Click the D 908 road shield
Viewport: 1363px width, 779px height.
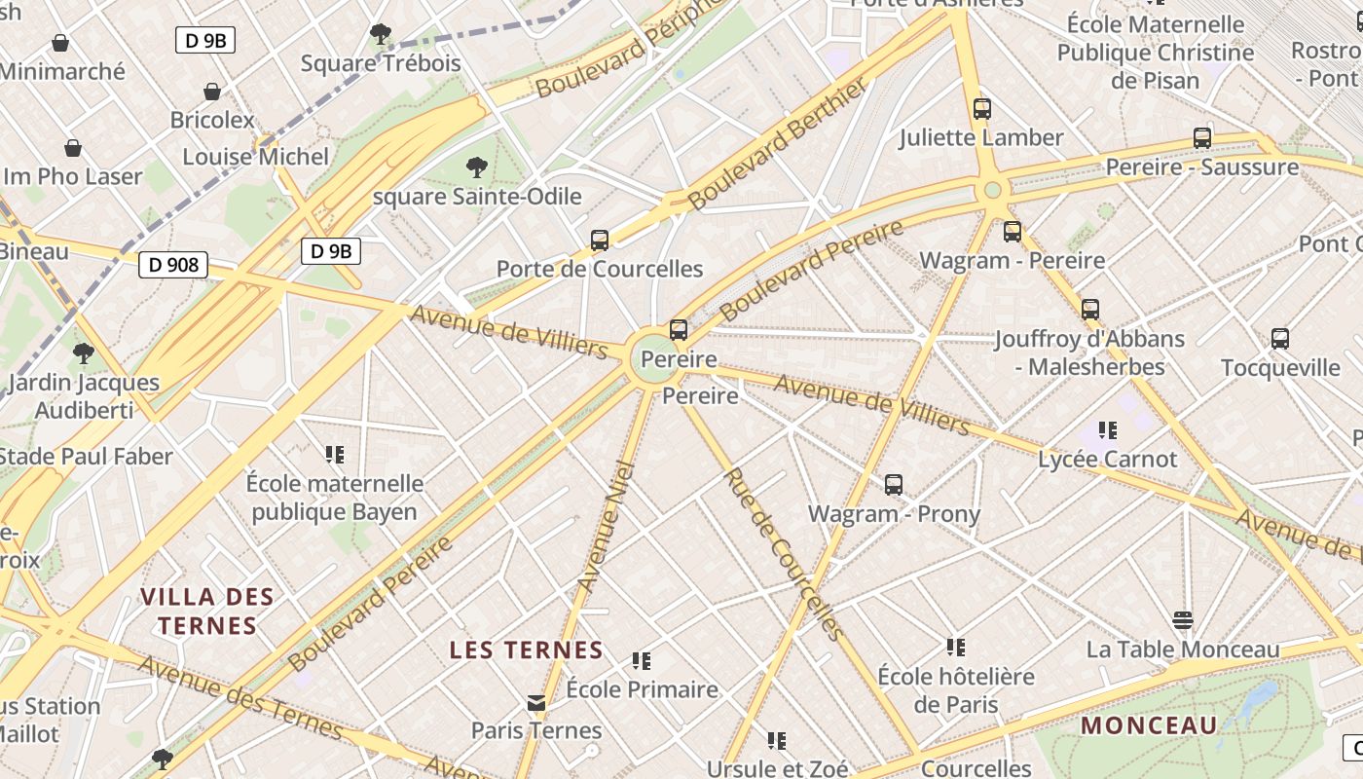pyautogui.click(x=173, y=264)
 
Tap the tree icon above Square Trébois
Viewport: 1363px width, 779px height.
pyautogui.click(x=381, y=35)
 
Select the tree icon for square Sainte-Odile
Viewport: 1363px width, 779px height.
pyautogui.click(x=476, y=167)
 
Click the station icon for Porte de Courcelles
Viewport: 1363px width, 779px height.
pyautogui.click(x=600, y=240)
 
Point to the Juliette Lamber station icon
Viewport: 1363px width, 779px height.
pyautogui.click(x=982, y=109)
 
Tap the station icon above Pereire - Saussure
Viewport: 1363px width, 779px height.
pyautogui.click(x=1202, y=138)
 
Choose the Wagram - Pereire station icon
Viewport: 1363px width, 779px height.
pyautogui.click(x=1013, y=232)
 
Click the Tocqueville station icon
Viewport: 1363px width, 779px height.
pyautogui.click(x=1280, y=339)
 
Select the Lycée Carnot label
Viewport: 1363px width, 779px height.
pyautogui.click(x=1108, y=459)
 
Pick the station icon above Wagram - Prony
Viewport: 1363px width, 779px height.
pyautogui.click(x=894, y=484)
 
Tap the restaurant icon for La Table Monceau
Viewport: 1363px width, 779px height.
pyautogui.click(x=1183, y=620)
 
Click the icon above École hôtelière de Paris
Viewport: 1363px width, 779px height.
pyautogui.click(x=956, y=647)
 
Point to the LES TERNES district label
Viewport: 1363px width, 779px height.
pyautogui.click(x=526, y=649)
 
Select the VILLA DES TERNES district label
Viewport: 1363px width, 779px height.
pyautogui.click(x=207, y=611)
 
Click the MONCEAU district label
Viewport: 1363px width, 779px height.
pyautogui.click(x=1150, y=725)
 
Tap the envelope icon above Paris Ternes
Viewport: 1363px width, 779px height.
pyautogui.click(x=536, y=702)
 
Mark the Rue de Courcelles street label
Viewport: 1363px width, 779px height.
pyautogui.click(x=782, y=553)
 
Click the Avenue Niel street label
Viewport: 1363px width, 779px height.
pyautogui.click(x=607, y=527)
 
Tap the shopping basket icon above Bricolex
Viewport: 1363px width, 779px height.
pyautogui.click(x=212, y=92)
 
